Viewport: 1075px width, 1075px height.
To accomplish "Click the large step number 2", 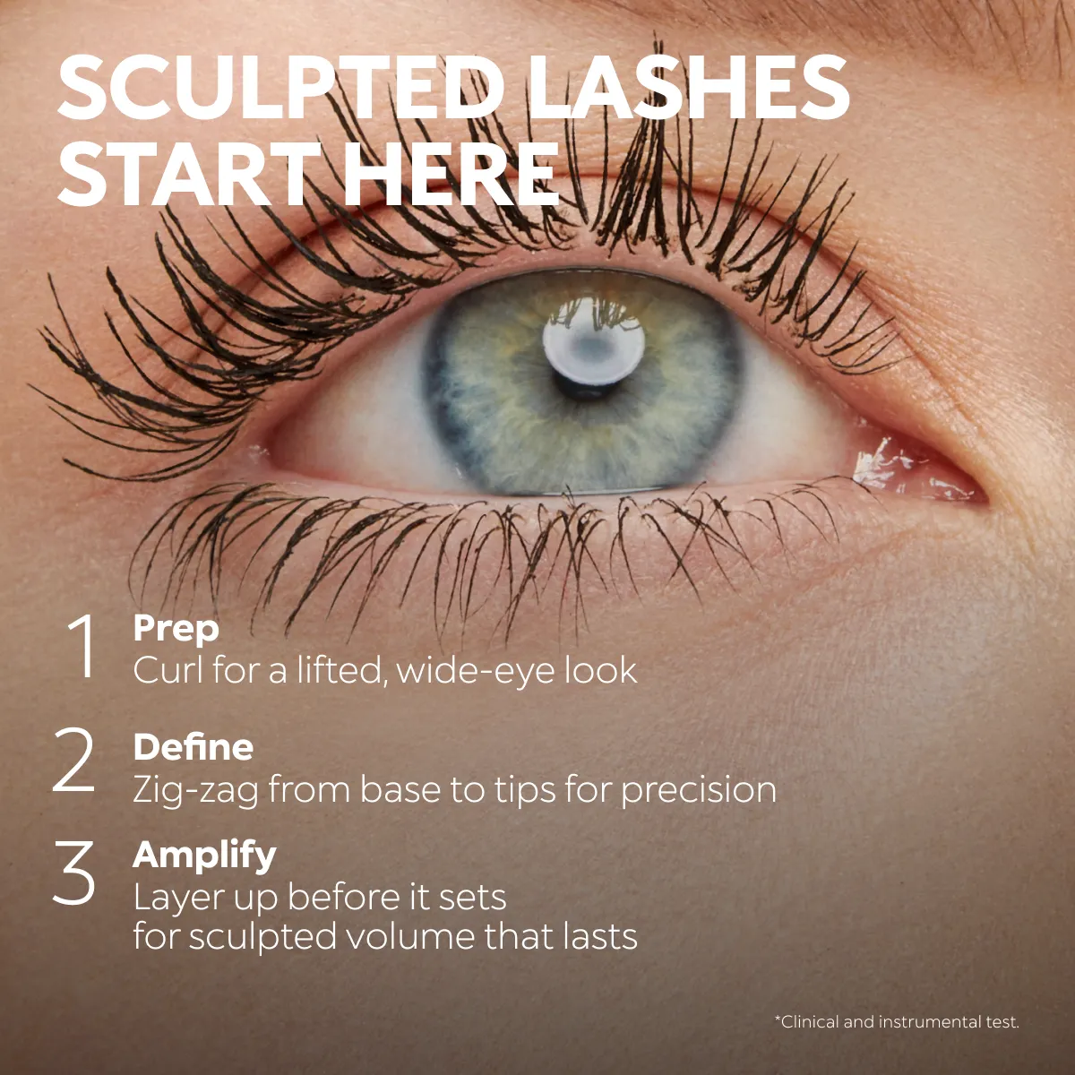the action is click(x=74, y=760).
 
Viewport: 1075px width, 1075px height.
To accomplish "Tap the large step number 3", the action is click(x=74, y=873).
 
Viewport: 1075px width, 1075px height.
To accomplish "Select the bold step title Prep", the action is click(x=176, y=630).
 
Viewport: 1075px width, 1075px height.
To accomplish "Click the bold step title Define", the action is click(x=193, y=746).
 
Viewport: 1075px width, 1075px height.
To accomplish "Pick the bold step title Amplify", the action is click(x=204, y=856).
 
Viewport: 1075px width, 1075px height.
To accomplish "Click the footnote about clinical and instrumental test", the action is click(x=897, y=1022).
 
